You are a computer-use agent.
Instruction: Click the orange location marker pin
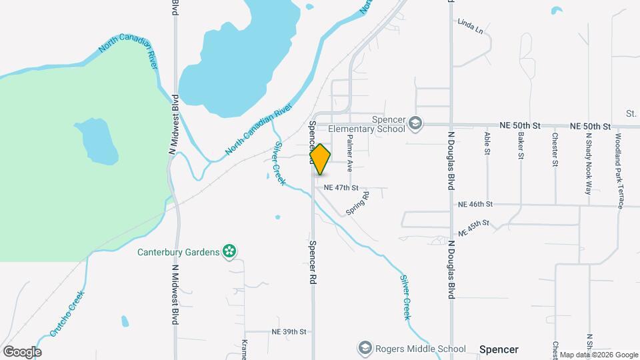click(x=320, y=159)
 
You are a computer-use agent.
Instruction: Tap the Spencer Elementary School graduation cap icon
click(x=415, y=123)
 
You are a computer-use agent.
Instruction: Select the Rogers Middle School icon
click(x=365, y=348)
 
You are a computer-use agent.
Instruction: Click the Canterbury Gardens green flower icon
click(x=230, y=251)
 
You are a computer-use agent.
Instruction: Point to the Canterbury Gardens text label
click(x=178, y=252)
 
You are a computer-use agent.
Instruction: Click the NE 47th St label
click(x=341, y=188)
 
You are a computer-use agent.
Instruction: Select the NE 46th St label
click(x=475, y=203)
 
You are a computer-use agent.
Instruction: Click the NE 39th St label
click(x=289, y=331)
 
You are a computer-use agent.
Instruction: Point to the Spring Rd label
click(x=357, y=204)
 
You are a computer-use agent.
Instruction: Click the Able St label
click(x=487, y=143)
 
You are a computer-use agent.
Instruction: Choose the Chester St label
click(x=555, y=149)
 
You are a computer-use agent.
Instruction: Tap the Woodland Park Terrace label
click(x=619, y=171)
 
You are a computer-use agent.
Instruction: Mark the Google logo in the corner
click(x=22, y=351)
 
